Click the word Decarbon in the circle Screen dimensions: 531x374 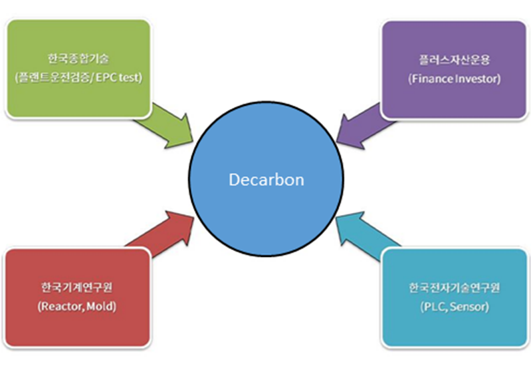pos(266,180)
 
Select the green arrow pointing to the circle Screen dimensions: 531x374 pos(166,126)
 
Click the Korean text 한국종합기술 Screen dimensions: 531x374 pos(78,59)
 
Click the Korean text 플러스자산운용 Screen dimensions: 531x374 pos(454,60)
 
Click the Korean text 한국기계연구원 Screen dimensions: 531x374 pos(76,287)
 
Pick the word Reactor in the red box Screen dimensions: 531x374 pos(62,307)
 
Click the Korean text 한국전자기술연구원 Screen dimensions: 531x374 pos(454,288)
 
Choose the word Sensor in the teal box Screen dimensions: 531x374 pos(468,307)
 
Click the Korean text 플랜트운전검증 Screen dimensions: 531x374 pos(55,78)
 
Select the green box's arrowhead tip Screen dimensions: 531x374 pos(193,142)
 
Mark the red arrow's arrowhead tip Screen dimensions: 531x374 pos(193,216)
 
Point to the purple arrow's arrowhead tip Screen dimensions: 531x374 pos(337,142)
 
